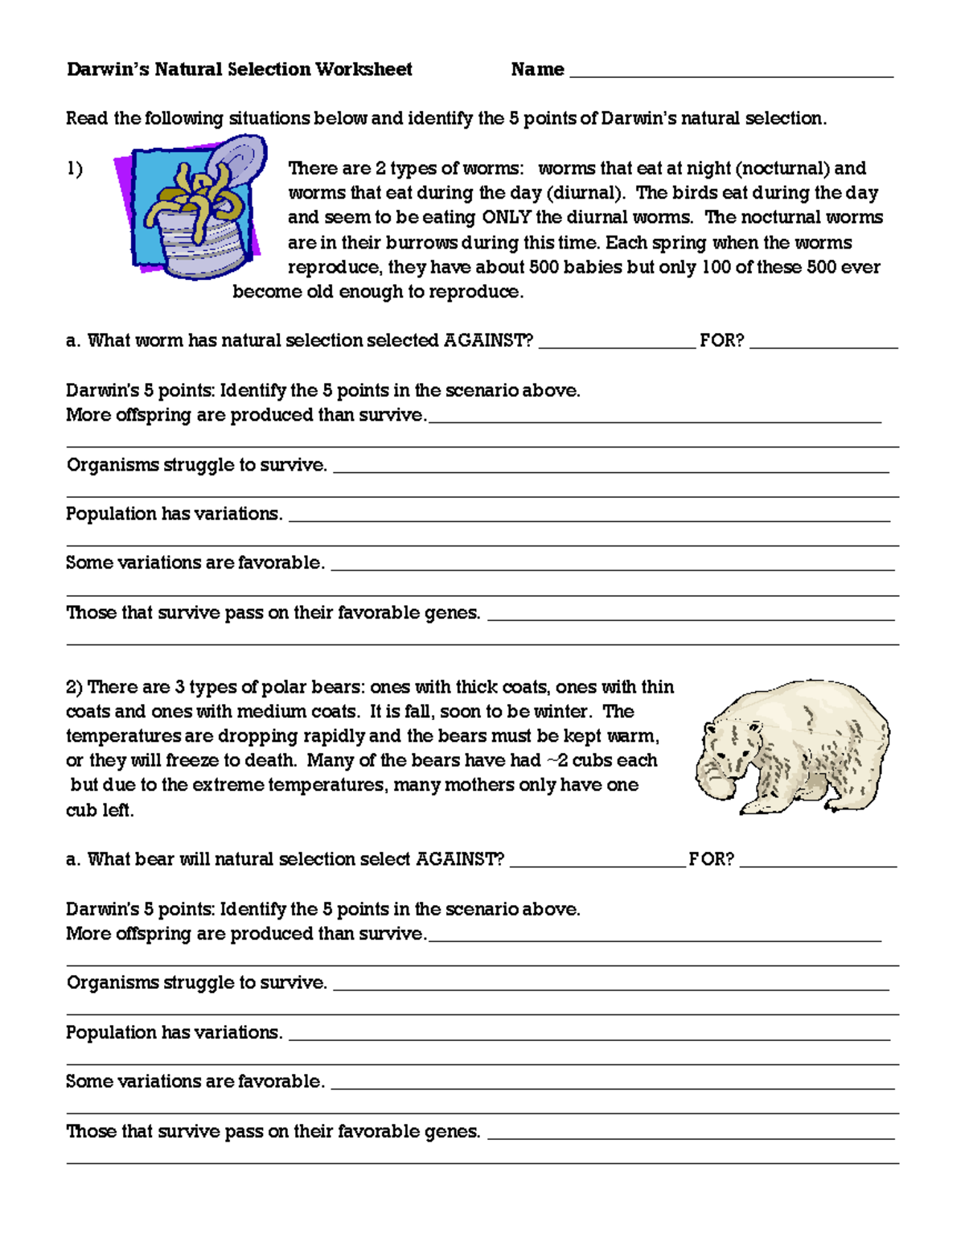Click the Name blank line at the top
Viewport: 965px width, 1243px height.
(x=731, y=74)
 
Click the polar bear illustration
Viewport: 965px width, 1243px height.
(x=791, y=746)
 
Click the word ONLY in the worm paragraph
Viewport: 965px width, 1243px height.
(x=506, y=217)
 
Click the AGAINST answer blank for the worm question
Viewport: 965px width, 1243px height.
(x=616, y=344)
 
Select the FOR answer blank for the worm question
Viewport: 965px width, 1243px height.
(x=823, y=344)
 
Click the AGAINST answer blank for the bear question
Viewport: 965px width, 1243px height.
(x=597, y=863)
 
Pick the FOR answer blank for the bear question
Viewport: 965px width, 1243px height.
(x=817, y=863)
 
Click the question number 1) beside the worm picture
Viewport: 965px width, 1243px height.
(x=74, y=169)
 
